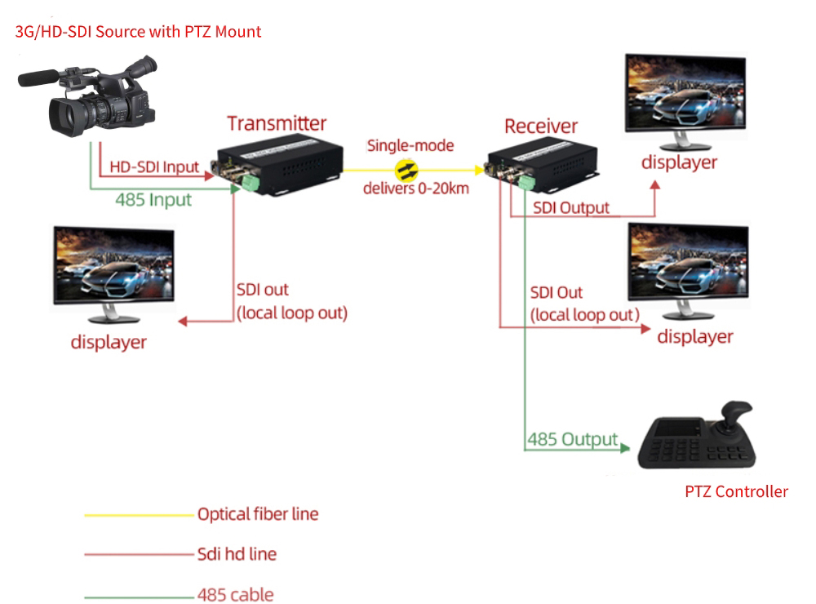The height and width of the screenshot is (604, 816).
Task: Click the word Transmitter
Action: [277, 123]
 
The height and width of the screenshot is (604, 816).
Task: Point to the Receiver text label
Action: [541, 126]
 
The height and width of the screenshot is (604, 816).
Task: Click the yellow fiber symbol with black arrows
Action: [406, 170]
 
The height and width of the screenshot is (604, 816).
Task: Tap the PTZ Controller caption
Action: [736, 491]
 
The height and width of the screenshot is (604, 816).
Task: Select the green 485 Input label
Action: [153, 199]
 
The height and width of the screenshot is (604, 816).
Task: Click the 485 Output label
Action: [572, 439]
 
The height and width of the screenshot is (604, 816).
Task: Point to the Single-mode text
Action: [410, 146]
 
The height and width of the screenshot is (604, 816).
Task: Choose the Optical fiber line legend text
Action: [258, 514]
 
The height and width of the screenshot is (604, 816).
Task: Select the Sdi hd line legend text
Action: [237, 554]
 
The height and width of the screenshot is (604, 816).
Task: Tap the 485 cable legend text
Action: [235, 595]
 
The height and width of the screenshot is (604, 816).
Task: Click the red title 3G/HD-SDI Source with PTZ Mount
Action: [139, 32]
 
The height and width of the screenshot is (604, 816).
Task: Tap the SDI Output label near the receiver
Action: [571, 207]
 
